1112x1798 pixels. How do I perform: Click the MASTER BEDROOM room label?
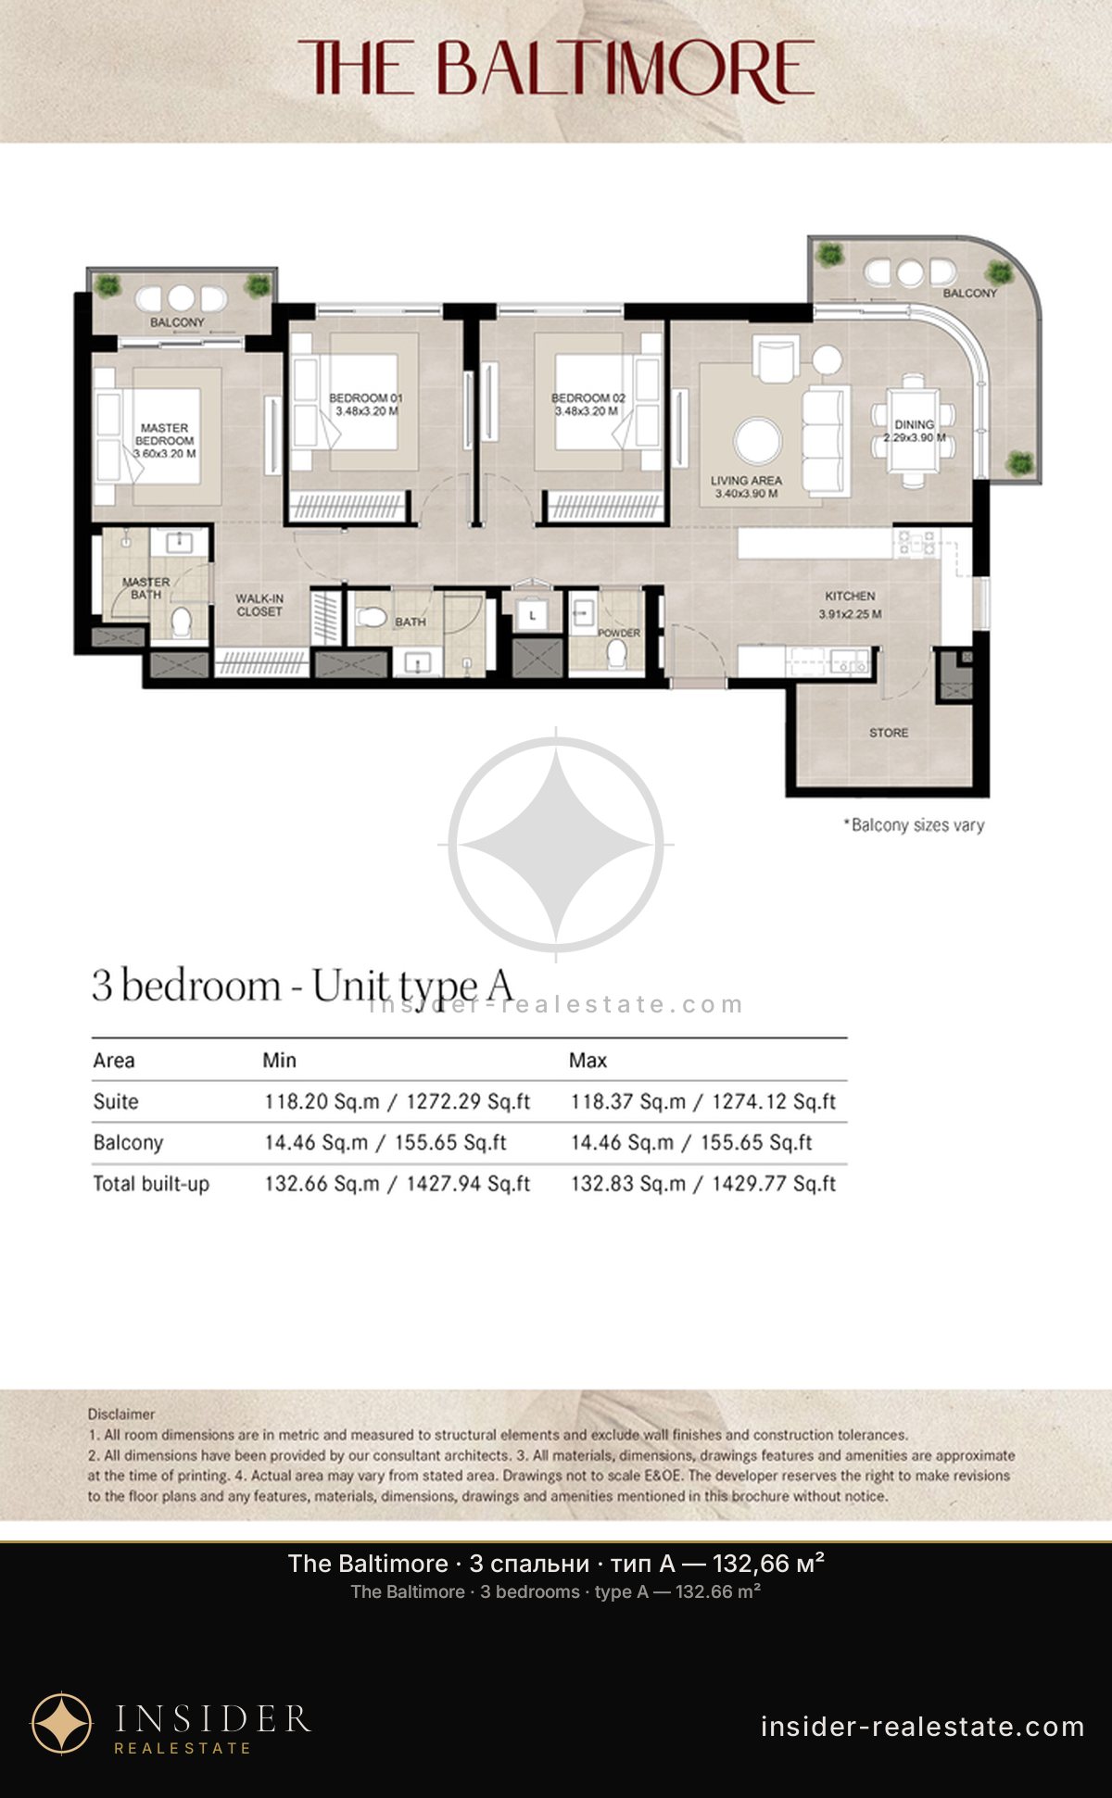(164, 434)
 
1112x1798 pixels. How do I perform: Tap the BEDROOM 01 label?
(366, 398)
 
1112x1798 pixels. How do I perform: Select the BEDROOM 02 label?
(588, 398)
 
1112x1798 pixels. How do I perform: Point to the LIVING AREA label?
(746, 481)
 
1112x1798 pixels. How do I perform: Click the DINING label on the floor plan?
(915, 424)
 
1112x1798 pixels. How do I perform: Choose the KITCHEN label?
(850, 596)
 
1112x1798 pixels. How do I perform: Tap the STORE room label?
(889, 733)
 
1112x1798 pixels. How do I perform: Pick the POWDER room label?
(619, 634)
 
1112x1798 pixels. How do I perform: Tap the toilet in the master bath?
(182, 621)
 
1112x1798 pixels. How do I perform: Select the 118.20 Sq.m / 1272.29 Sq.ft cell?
(398, 1101)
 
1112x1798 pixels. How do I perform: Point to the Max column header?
(588, 1061)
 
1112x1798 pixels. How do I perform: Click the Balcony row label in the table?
(128, 1143)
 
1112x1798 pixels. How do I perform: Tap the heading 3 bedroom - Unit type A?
(302, 986)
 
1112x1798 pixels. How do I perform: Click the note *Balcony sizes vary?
(914, 825)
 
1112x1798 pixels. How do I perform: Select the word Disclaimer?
(121, 1415)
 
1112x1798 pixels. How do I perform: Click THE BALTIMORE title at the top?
(556, 69)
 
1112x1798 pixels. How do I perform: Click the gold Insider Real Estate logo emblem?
(62, 1724)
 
